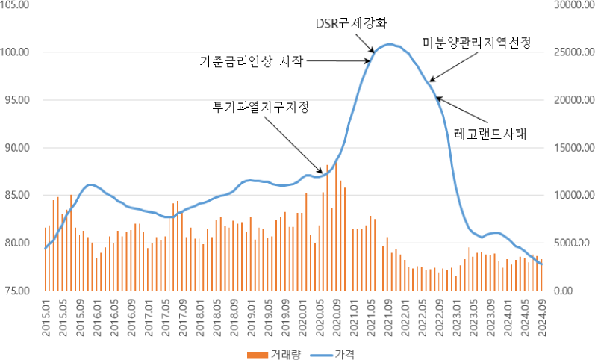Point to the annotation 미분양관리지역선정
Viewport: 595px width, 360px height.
coord(476,43)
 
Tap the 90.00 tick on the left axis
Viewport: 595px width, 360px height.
coord(17,147)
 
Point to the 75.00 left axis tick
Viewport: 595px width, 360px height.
coord(17,290)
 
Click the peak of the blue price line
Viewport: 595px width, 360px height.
coord(390,45)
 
